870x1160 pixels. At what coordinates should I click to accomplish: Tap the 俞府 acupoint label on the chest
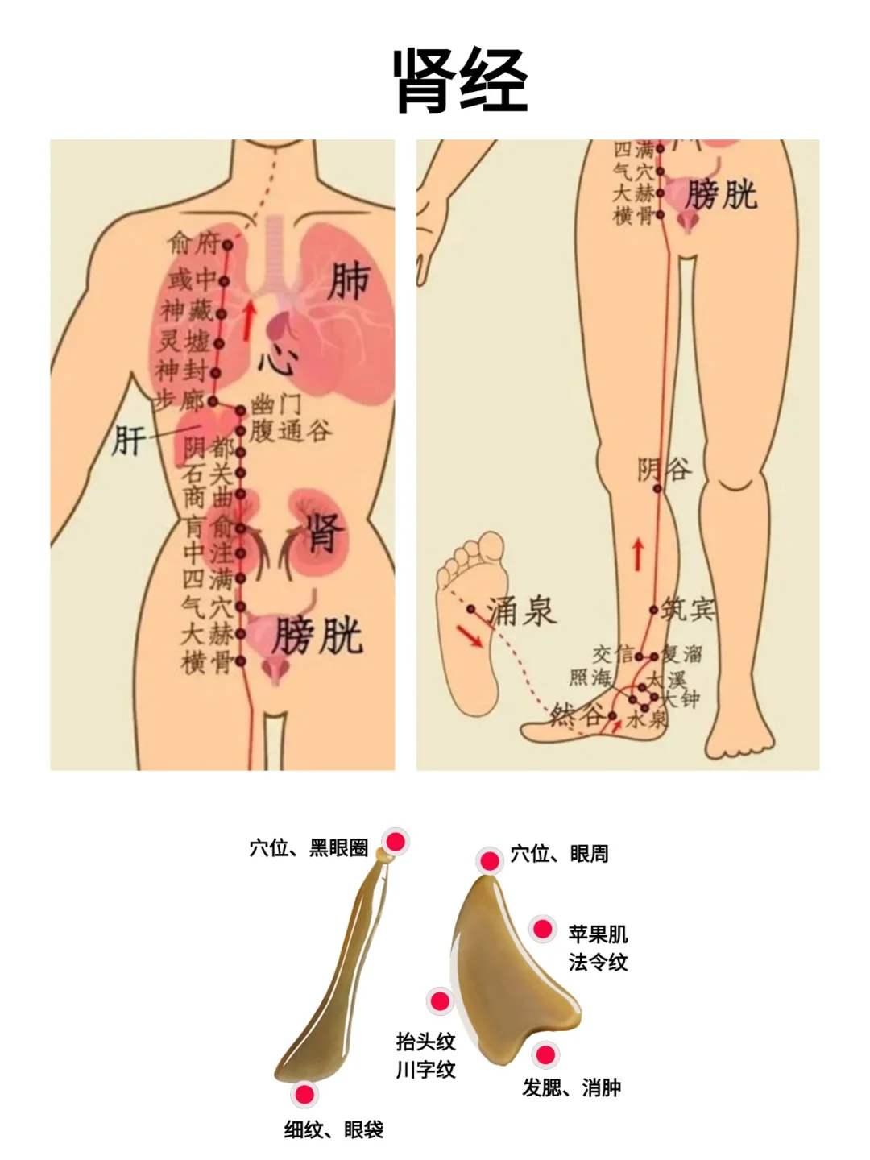point(193,241)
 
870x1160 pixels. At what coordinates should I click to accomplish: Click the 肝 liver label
point(129,440)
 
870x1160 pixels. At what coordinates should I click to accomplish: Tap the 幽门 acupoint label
point(275,404)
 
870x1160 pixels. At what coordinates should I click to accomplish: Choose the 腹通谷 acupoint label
point(290,431)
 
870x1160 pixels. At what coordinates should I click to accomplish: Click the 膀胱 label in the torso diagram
point(317,636)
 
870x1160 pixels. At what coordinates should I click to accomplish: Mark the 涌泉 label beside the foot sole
point(522,611)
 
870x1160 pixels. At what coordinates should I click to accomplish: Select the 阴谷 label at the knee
point(665,468)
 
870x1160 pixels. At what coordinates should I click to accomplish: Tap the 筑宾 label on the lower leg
point(688,609)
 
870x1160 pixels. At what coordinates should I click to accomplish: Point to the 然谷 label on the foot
point(576,714)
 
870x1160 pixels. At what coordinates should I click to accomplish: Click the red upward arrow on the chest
point(250,320)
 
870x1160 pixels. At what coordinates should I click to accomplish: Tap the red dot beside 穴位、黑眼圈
point(396,842)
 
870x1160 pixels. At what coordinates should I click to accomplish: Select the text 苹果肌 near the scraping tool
point(598,934)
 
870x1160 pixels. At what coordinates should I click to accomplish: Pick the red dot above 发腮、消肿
point(545,1054)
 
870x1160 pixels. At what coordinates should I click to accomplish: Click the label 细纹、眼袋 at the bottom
point(333,1129)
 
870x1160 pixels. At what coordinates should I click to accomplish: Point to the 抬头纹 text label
point(425,1042)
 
